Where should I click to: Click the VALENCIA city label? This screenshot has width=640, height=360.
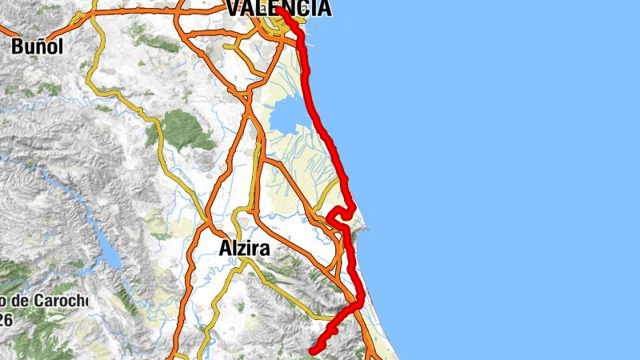[278, 9]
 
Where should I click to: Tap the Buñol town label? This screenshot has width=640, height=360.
[37, 46]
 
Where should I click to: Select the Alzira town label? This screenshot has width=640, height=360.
[244, 249]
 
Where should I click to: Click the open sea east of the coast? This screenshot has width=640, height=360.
[496, 176]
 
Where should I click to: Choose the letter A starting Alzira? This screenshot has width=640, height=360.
[225, 249]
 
